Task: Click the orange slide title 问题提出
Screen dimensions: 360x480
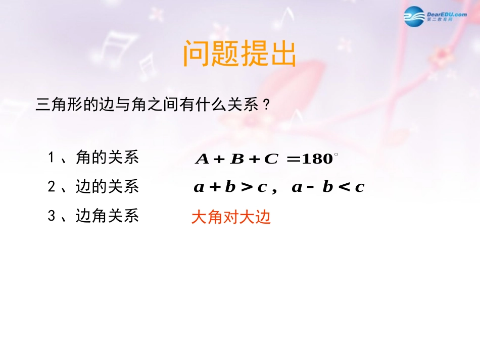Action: coord(239,54)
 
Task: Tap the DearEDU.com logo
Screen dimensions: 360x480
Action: coord(435,17)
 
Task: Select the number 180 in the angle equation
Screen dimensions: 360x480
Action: coord(317,159)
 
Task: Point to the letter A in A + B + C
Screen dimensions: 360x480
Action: coord(202,159)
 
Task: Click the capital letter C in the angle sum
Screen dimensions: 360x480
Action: coord(271,159)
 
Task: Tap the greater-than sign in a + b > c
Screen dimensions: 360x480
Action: coord(247,187)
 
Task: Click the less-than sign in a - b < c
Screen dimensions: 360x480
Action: coord(344,187)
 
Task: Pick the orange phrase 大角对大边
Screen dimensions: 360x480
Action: coord(231,217)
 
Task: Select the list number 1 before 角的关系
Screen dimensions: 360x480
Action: coord(51,158)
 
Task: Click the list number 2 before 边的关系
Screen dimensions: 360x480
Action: coord(51,187)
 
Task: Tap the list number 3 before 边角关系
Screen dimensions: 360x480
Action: coord(51,216)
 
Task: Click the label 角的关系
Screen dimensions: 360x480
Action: coord(107,158)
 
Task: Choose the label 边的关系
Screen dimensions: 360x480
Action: coord(107,187)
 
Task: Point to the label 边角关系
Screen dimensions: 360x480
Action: coord(107,216)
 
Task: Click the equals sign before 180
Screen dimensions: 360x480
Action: coord(293,159)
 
